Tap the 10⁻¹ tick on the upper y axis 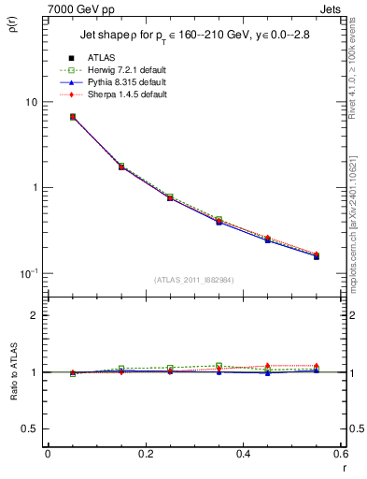31,271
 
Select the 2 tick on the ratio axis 36,315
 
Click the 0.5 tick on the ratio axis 33,428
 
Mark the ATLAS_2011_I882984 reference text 194,279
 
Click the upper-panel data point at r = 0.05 72,117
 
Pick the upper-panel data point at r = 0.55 317,255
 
